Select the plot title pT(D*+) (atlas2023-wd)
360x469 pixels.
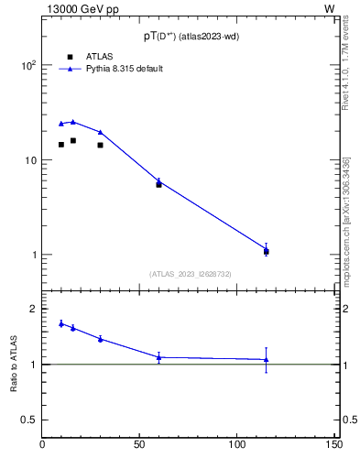(189, 38)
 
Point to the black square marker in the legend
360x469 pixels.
(70, 57)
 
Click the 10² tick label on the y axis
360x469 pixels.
(28, 66)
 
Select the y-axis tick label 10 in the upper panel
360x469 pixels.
(30, 160)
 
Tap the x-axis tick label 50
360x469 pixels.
(140, 444)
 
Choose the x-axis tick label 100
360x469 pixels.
(237, 444)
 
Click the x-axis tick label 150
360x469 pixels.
(334, 444)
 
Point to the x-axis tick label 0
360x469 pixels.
(43, 444)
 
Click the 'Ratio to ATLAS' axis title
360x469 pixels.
(15, 365)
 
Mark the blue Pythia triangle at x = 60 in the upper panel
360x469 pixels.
(158, 180)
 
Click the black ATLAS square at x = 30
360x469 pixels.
(101, 145)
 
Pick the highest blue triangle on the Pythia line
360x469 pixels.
(73, 121)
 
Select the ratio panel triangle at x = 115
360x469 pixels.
(266, 359)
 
